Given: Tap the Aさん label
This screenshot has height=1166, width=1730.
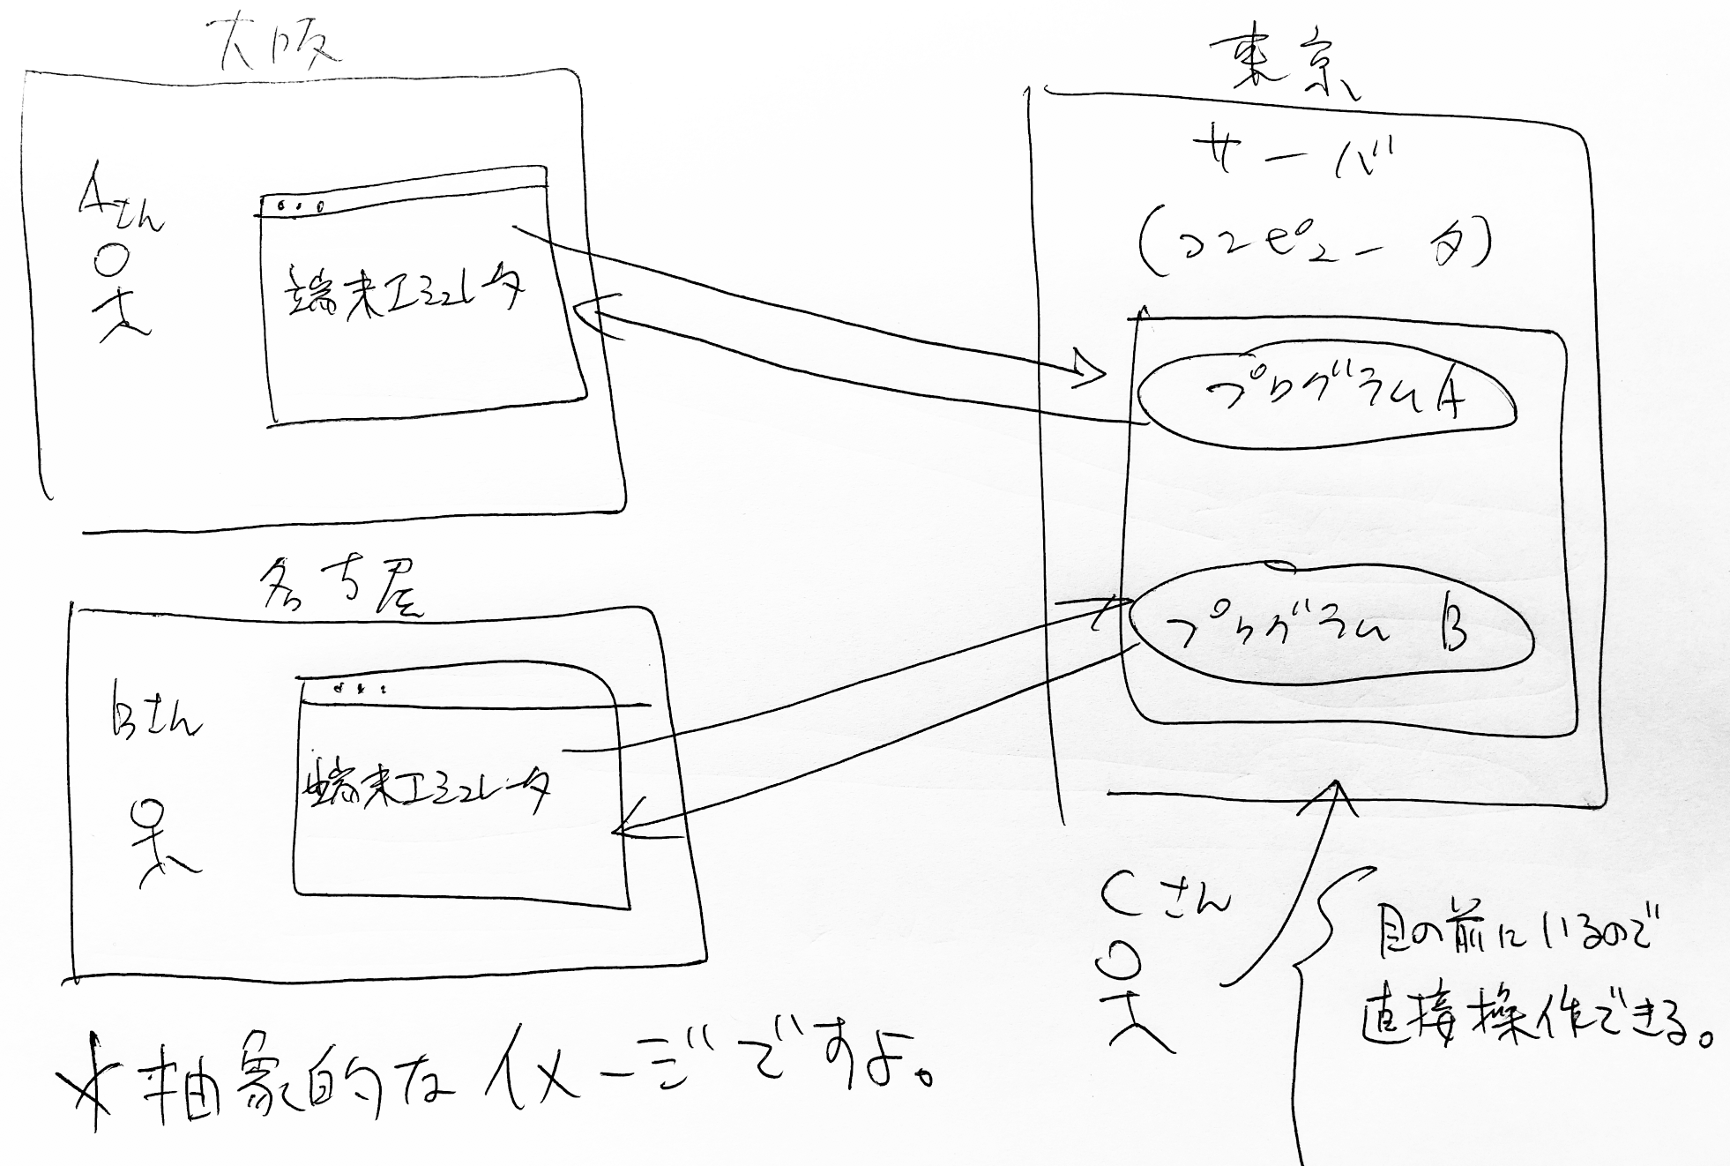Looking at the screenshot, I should click(x=120, y=207).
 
